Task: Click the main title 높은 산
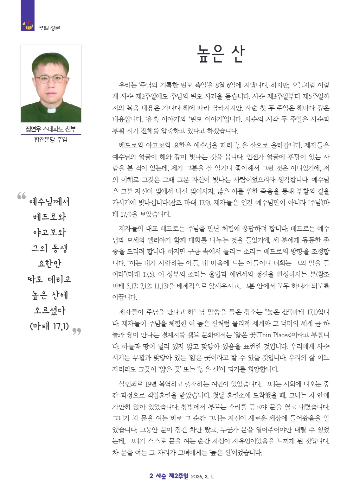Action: (x=220, y=55)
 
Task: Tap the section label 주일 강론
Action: (x=50, y=28)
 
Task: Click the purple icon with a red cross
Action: (x=28, y=25)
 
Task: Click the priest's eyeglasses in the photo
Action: (x=50, y=79)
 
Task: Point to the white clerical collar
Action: (x=51, y=110)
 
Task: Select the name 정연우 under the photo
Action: (x=33, y=129)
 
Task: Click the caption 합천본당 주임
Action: (x=51, y=140)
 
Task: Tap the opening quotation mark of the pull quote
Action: (x=21, y=196)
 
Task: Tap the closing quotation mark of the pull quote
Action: (x=77, y=331)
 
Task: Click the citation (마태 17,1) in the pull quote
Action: (x=50, y=326)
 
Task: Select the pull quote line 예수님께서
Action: (x=50, y=202)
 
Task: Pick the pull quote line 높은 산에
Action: (x=50, y=295)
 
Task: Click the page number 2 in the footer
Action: (x=151, y=476)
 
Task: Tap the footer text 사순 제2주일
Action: (x=172, y=476)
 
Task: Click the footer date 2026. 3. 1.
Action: (x=202, y=477)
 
